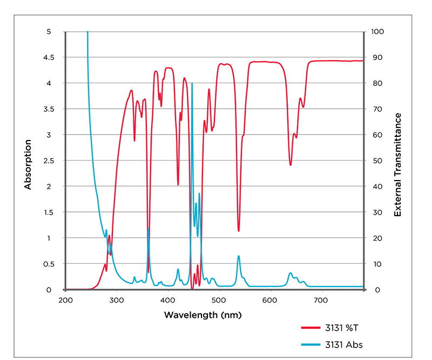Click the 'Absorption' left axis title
tap(28, 164)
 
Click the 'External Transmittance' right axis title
tap(397, 164)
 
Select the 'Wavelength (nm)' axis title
tap(202, 315)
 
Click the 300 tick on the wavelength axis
tap(117, 299)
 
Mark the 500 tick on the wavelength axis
tap(219, 299)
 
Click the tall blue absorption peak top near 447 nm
tap(192, 84)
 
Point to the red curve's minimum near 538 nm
tap(239, 231)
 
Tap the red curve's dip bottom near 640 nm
tap(291, 165)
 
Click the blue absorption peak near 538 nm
tap(239, 256)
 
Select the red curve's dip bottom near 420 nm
tap(178, 185)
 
